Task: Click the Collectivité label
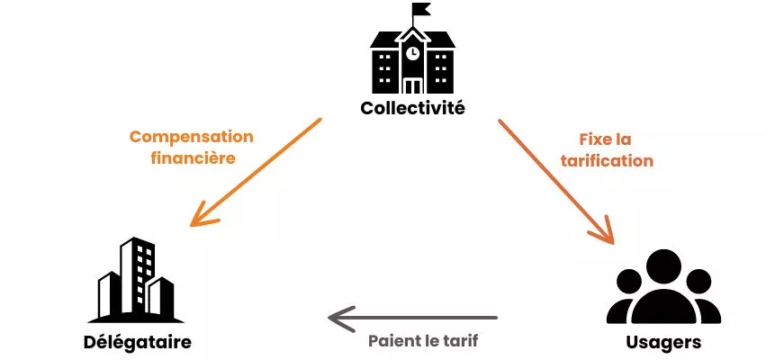pos(412,109)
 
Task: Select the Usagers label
pos(663,343)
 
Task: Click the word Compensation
pos(191,137)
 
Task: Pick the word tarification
pos(607,162)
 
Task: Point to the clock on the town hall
pos(412,53)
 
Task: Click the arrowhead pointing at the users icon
pos(603,233)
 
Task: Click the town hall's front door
pos(412,85)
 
